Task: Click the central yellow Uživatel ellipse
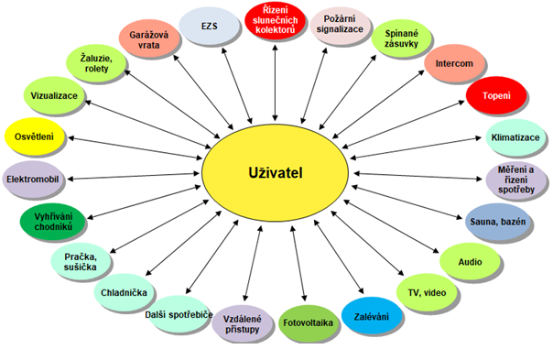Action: tap(275, 173)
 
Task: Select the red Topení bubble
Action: tap(496, 95)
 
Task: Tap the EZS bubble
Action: tap(209, 26)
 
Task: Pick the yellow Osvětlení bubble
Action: tap(35, 136)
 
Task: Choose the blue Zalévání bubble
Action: tap(372, 316)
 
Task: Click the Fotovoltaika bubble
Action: tap(309, 323)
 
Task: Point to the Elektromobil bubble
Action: tap(33, 179)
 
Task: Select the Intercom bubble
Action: tap(454, 63)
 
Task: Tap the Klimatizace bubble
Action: tap(515, 137)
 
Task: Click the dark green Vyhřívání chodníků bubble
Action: tap(53, 222)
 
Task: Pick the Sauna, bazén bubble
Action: tap(498, 222)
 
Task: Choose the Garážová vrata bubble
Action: tap(149, 39)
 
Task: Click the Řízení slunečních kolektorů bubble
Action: tap(275, 20)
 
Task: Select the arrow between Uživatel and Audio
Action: tap(391, 226)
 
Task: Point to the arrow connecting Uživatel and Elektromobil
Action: tap(134, 176)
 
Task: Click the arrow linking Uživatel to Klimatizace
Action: tap(416, 147)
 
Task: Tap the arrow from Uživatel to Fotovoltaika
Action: tap(298, 263)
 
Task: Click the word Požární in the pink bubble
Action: tap(340, 18)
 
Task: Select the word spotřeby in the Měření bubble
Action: tap(516, 190)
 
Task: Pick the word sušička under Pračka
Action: tap(80, 267)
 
